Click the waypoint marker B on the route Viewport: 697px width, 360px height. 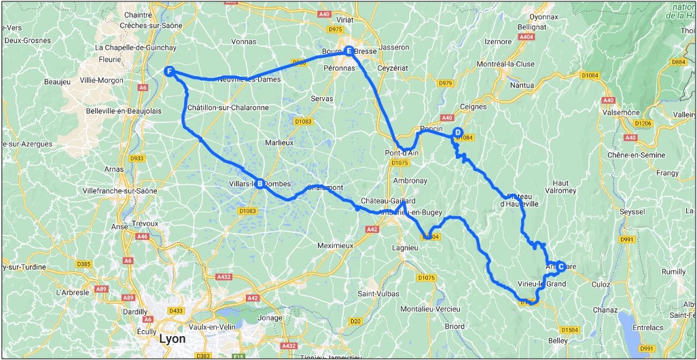pyautogui.click(x=260, y=182)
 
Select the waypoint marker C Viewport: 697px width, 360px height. pyautogui.click(x=560, y=266)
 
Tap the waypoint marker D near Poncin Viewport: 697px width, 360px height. pyautogui.click(x=458, y=132)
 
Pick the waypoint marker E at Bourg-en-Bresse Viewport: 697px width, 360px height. pyautogui.click(x=348, y=51)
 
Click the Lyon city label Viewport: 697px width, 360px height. pyautogui.click(x=171, y=338)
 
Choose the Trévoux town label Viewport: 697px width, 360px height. pyautogui.click(x=145, y=223)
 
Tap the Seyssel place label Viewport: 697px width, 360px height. pyautogui.click(x=632, y=212)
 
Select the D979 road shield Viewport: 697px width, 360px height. pyautogui.click(x=446, y=83)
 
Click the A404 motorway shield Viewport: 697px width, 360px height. pyautogui.click(x=525, y=37)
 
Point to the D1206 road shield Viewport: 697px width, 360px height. pyautogui.click(x=643, y=123)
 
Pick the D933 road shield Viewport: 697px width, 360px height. pyautogui.click(x=137, y=158)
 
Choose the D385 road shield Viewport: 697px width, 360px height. pyautogui.click(x=84, y=264)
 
